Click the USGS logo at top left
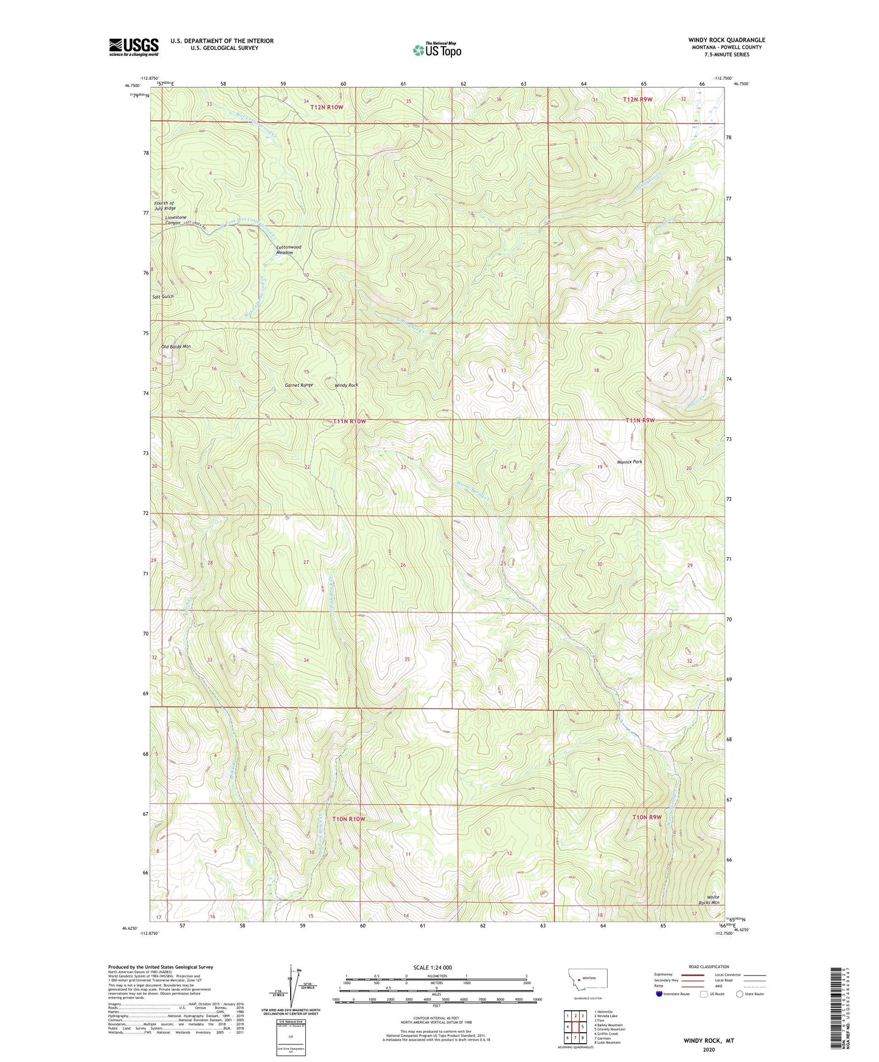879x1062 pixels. tap(133, 47)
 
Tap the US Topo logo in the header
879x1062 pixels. tap(437, 50)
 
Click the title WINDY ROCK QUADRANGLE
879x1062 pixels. tap(726, 40)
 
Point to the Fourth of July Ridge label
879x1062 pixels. tap(165, 206)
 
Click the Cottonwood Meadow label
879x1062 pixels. tap(288, 249)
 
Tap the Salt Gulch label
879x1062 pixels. tap(162, 296)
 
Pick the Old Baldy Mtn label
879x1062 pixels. tap(176, 346)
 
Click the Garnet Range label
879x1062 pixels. tap(299, 385)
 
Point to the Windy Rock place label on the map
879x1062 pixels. tap(346, 385)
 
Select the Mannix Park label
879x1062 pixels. tap(630, 462)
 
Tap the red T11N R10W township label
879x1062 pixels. tap(349, 421)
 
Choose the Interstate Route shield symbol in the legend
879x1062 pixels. tap(660, 994)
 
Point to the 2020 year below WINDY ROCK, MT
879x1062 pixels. tap(708, 1049)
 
